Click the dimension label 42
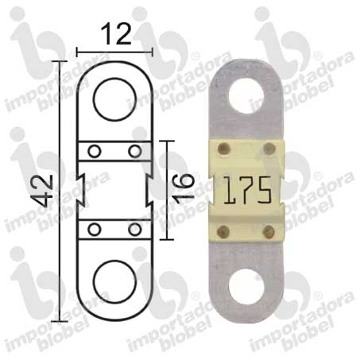click(x=43, y=191)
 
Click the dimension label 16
click(x=184, y=189)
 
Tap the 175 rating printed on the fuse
click(x=247, y=191)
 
